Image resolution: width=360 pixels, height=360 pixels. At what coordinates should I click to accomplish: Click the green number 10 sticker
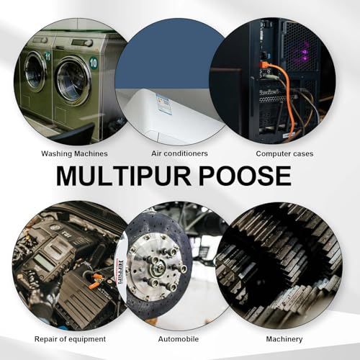93,63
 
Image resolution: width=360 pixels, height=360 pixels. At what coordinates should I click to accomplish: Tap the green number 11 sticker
48,57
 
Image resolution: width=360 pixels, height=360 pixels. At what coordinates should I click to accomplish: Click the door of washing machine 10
73,81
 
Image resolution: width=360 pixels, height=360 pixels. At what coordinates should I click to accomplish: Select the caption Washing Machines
74,153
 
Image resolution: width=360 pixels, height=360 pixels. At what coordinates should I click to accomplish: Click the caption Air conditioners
179,153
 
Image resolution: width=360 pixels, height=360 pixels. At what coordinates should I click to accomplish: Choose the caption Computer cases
284,153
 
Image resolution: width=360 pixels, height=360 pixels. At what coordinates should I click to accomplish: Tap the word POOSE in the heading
246,176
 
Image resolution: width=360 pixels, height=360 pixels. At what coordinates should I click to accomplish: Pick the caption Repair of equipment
70,339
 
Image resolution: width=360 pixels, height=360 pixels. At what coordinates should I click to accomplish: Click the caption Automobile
179,339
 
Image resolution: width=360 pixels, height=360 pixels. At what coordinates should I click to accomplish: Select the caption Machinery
284,339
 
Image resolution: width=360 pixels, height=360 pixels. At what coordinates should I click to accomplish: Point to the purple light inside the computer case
305,54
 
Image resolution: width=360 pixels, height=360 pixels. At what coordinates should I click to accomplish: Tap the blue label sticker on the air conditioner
164,104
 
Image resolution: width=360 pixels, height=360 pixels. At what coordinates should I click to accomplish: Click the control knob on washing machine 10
89,43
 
